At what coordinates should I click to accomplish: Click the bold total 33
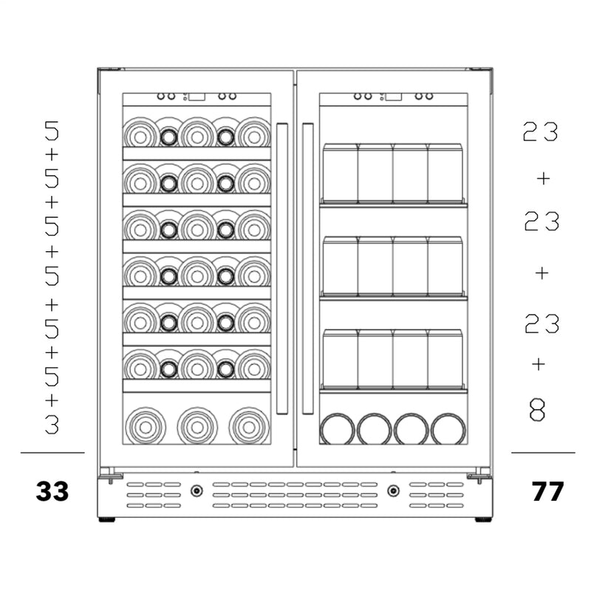[x=52, y=491]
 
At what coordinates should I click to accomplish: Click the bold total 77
[x=547, y=491]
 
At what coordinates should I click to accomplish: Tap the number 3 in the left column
[x=52, y=424]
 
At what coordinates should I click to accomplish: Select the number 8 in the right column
[x=537, y=410]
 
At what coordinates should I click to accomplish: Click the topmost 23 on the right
[x=540, y=131]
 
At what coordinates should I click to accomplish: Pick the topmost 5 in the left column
[x=52, y=131]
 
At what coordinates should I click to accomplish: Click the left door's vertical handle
[x=282, y=269]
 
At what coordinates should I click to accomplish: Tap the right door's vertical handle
[x=307, y=269]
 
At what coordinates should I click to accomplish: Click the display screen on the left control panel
[x=197, y=97]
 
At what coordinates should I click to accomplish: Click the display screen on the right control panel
[x=394, y=97]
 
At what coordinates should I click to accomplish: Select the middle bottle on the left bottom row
[x=197, y=426]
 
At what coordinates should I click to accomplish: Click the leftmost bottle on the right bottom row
[x=337, y=429]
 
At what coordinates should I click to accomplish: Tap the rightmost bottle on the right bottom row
[x=448, y=429]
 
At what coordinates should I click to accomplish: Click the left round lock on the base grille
[x=197, y=491]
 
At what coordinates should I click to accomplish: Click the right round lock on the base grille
[x=394, y=491]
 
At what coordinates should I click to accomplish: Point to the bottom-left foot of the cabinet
[x=106, y=519]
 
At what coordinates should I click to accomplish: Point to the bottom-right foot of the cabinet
[x=483, y=519]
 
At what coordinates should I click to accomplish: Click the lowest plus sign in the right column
[x=539, y=364]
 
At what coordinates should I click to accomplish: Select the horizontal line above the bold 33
[x=52, y=452]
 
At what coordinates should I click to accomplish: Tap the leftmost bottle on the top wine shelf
[x=140, y=133]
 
